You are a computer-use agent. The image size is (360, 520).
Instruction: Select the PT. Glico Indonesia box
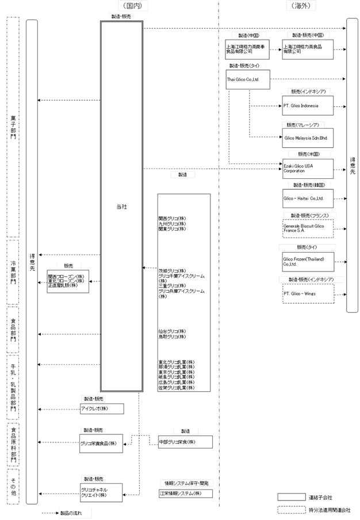point(308,106)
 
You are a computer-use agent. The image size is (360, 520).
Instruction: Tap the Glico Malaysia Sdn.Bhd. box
point(308,137)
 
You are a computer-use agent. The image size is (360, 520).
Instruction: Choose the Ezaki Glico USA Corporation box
point(308,169)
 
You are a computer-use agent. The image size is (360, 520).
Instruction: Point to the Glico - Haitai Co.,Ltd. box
point(308,198)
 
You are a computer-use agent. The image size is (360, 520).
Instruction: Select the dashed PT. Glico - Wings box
point(308,293)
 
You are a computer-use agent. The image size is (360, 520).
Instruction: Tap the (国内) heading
point(128,6)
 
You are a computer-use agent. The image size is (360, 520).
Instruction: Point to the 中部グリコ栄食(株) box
point(185,442)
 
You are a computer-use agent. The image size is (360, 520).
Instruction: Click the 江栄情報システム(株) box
point(185,493)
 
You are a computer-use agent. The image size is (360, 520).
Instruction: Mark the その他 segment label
point(13,486)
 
